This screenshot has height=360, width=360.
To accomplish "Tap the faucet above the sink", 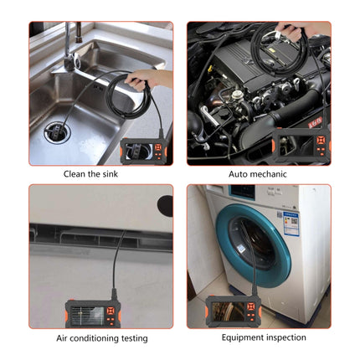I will point(72,42).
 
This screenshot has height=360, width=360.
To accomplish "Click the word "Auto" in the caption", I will point(239,174).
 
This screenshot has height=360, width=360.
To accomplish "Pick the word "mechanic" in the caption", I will point(270,174).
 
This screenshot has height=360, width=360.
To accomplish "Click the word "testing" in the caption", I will point(135,338).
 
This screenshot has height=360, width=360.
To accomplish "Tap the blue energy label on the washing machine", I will point(290,224).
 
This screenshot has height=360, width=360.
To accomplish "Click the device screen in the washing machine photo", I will point(228,313).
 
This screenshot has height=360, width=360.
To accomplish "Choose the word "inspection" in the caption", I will point(283,337).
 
